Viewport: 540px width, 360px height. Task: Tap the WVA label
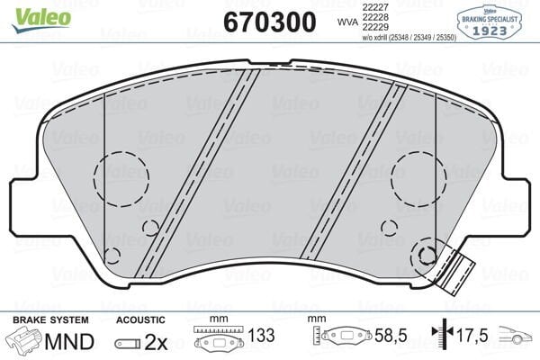pos(344,21)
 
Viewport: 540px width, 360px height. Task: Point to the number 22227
pos(374,7)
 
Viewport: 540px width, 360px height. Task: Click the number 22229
pos(374,29)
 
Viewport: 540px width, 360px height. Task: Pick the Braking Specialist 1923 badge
pos(492,20)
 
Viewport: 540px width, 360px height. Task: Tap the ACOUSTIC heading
pos(140,319)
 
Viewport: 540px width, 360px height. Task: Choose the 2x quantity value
pos(157,341)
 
